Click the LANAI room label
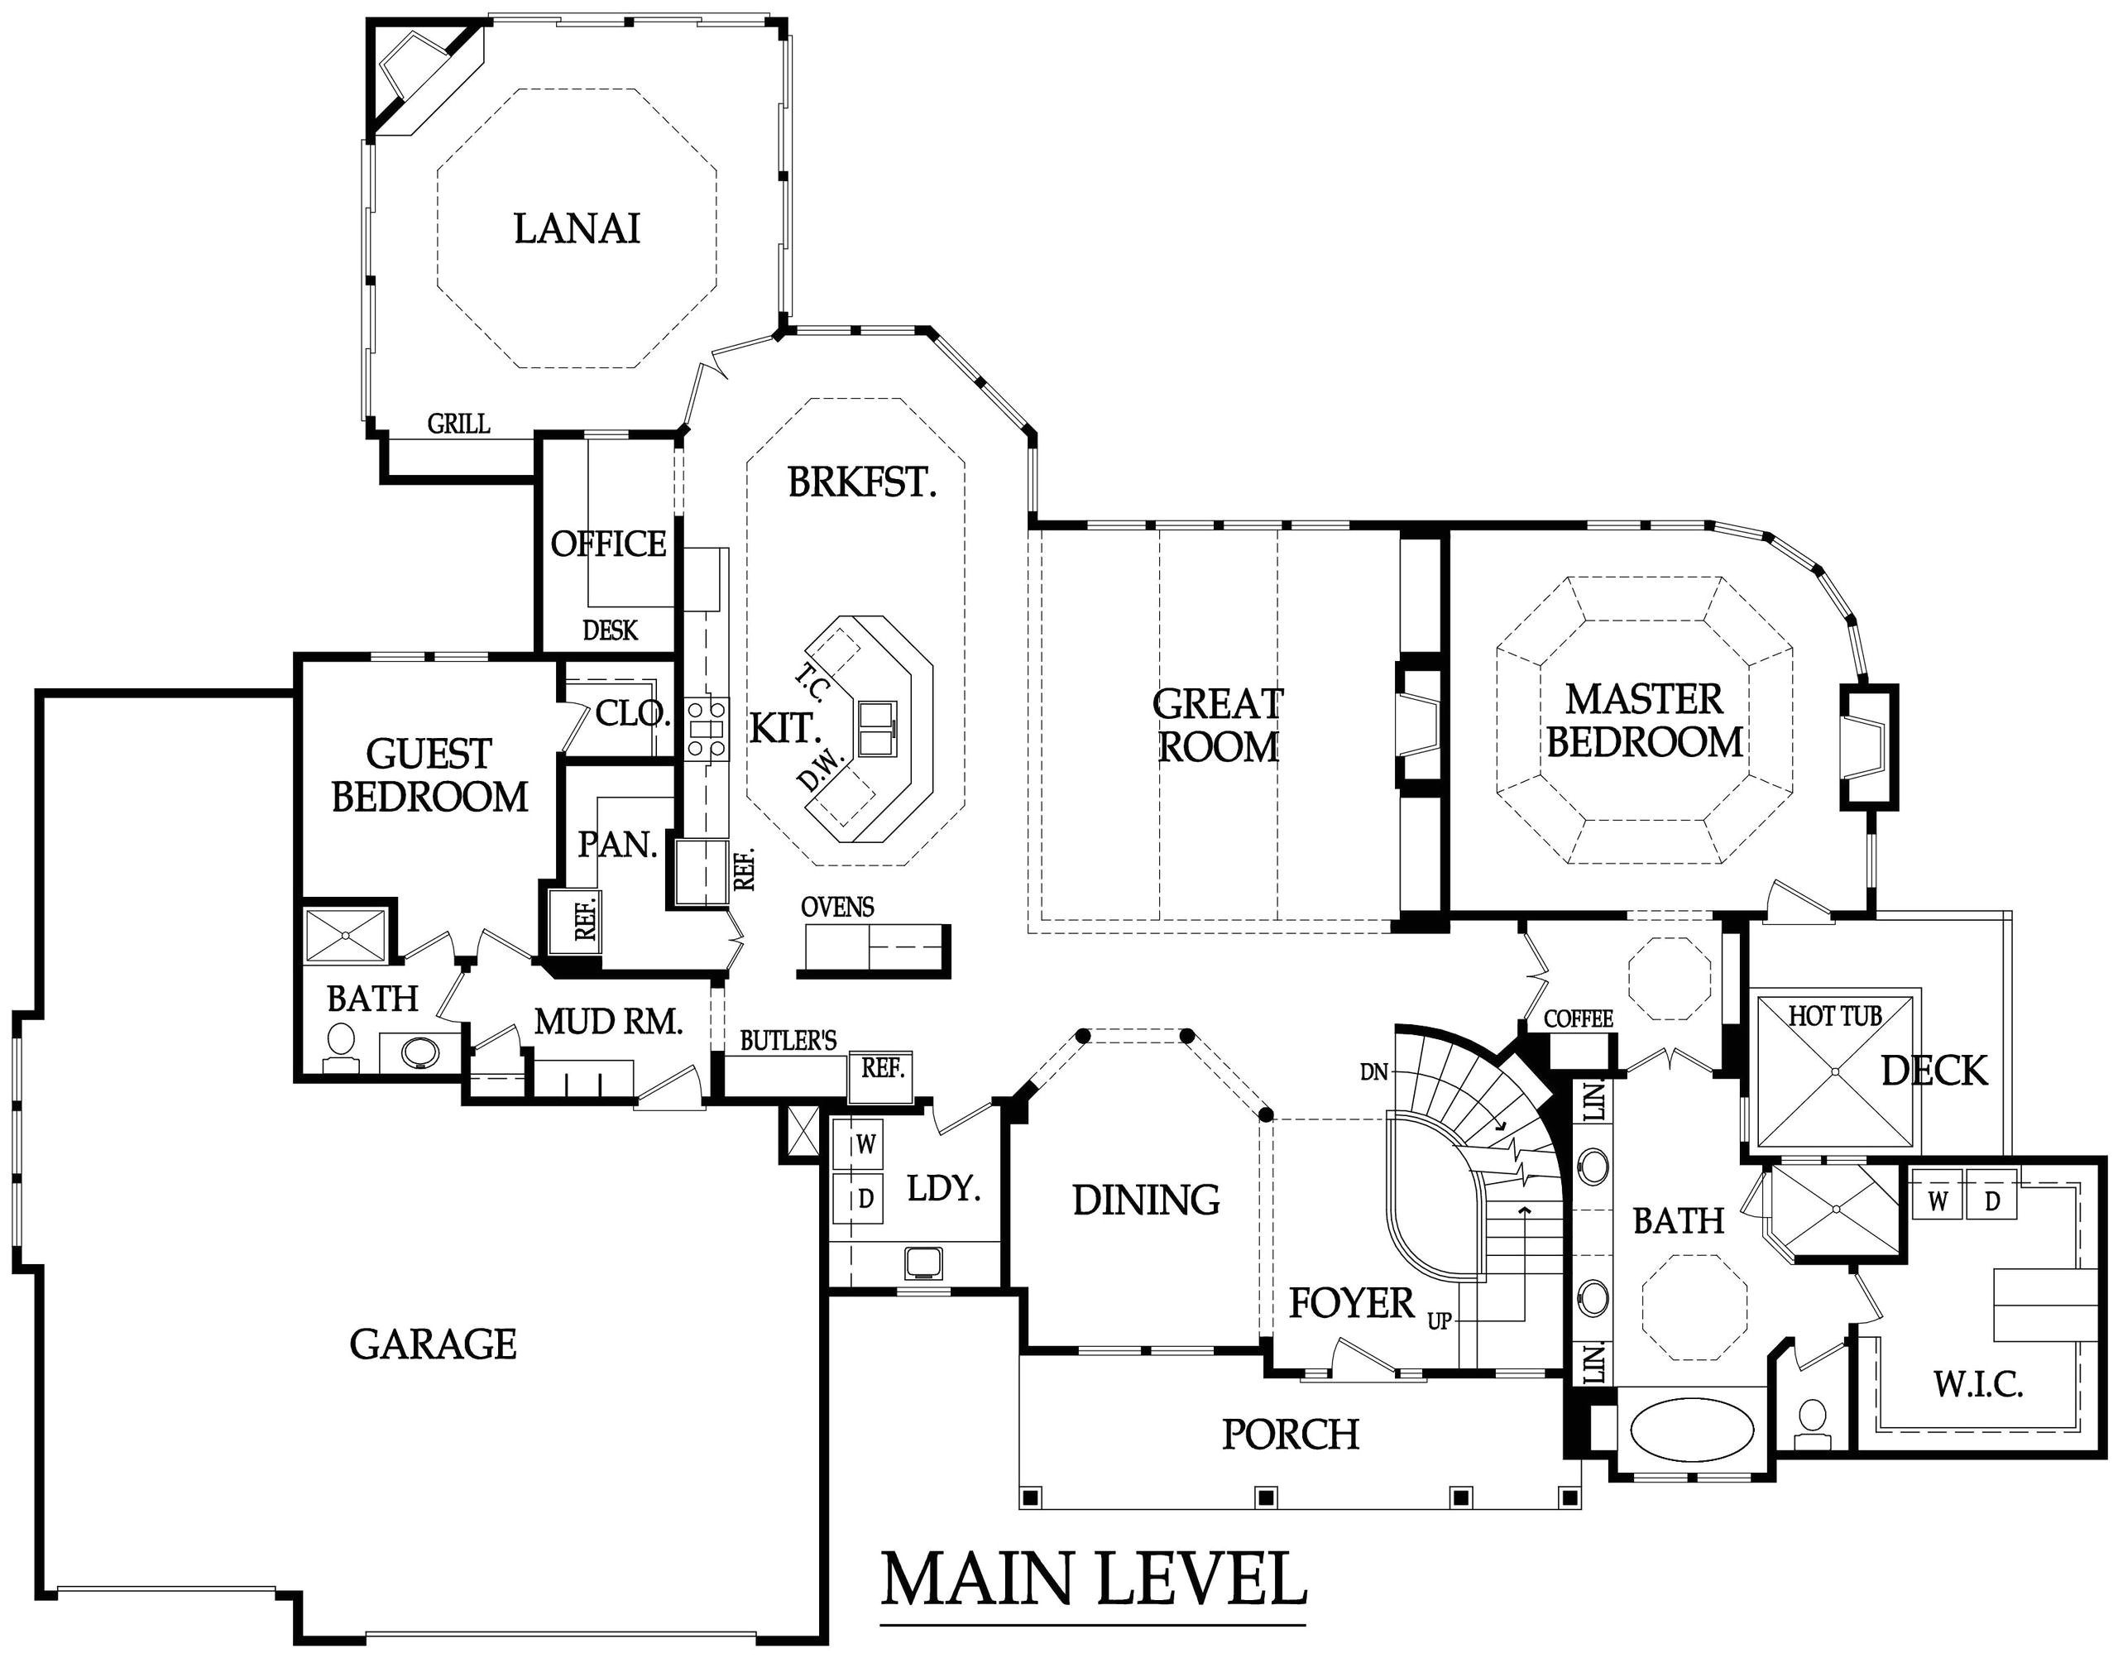[x=577, y=229]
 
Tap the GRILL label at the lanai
[x=458, y=424]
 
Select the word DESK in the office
[x=610, y=631]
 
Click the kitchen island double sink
[x=878, y=726]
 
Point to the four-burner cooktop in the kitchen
[x=707, y=728]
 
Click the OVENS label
[x=836, y=907]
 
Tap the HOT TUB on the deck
[x=1834, y=1071]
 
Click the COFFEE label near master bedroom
[x=1579, y=1018]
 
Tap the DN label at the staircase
[x=1373, y=1071]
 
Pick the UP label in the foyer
[x=1439, y=1321]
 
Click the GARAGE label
[x=433, y=1344]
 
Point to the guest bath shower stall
[x=347, y=935]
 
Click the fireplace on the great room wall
[x=1421, y=724]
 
